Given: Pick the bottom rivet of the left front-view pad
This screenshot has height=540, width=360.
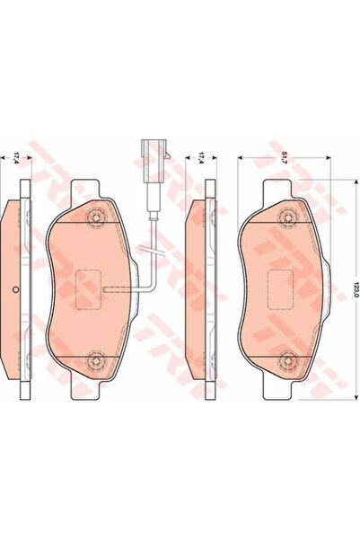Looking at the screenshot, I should pos(96,360).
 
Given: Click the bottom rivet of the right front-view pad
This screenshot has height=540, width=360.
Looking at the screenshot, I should pos(288,360).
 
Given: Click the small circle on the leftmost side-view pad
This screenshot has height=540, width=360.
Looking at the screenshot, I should pos(18,288).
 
